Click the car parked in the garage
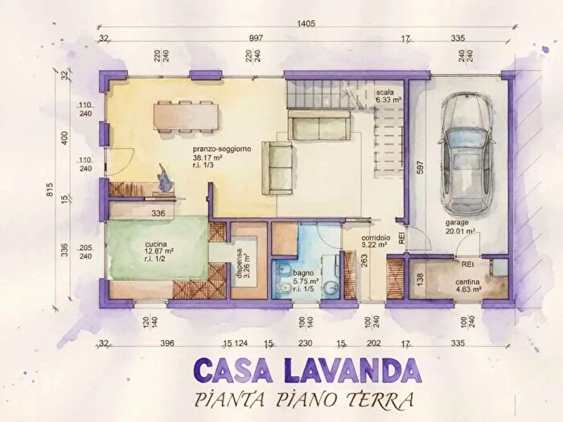tap(466, 154)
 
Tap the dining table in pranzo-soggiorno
tap(186, 117)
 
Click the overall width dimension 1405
tap(306, 23)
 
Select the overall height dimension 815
tap(50, 190)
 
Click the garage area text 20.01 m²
tap(461, 231)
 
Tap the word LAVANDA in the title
tap(351, 371)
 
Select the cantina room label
tap(468, 281)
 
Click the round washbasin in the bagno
tap(331, 287)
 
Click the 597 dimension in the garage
tap(421, 167)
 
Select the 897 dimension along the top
tap(256, 38)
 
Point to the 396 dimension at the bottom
tap(167, 343)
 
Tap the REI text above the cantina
tap(467, 264)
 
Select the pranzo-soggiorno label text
tap(221, 149)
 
